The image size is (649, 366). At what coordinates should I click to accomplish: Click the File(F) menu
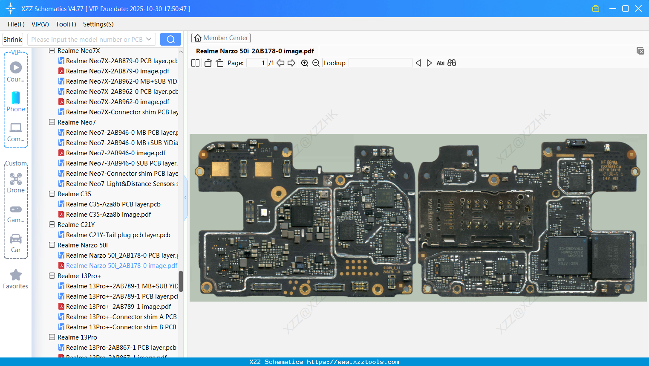click(x=16, y=24)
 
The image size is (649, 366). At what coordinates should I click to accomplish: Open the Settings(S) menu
click(x=98, y=24)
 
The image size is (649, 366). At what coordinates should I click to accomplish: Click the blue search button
click(x=170, y=39)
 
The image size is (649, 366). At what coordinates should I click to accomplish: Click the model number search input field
click(x=87, y=39)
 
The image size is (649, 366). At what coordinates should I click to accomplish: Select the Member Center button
click(x=221, y=38)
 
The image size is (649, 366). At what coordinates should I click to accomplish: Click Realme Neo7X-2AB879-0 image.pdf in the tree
click(x=117, y=71)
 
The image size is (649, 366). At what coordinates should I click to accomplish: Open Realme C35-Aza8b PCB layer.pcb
click(x=113, y=204)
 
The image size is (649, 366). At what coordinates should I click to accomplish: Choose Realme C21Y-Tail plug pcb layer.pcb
click(x=118, y=235)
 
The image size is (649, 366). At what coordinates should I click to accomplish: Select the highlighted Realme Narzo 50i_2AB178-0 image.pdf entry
click(x=121, y=266)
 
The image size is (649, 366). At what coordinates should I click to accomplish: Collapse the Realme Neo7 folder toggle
click(x=52, y=122)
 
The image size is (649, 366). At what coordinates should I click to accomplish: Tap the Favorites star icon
click(x=16, y=275)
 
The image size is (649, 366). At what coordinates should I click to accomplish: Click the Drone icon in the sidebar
click(x=16, y=179)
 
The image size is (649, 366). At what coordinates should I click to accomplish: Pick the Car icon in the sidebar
click(x=16, y=239)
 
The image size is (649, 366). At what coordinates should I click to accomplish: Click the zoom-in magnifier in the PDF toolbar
click(x=305, y=63)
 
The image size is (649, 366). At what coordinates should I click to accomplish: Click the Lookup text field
click(x=380, y=63)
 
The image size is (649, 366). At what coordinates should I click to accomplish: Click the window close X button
click(x=638, y=9)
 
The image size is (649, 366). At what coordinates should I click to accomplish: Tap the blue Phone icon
click(x=16, y=98)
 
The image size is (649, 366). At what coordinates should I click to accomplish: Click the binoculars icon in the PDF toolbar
click(x=452, y=63)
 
